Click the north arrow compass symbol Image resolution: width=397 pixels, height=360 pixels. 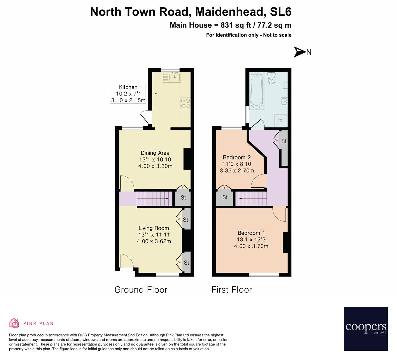click(x=300, y=52)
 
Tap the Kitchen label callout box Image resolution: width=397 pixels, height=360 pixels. click(x=128, y=94)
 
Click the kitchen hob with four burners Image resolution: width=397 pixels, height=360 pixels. click(x=185, y=103)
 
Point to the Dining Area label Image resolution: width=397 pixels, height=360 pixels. click(x=155, y=160)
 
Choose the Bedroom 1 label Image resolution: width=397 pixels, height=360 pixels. click(x=251, y=240)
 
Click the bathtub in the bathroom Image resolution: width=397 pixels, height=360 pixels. click(x=257, y=91)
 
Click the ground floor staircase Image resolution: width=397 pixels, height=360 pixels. click(x=155, y=199)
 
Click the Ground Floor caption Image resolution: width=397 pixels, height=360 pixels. click(x=141, y=290)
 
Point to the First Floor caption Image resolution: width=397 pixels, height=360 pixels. click(x=232, y=290)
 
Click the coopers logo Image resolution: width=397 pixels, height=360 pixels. click(x=366, y=329)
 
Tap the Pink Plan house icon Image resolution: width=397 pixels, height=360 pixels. click(x=14, y=323)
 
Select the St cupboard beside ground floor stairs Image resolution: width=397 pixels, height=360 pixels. click(x=183, y=198)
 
